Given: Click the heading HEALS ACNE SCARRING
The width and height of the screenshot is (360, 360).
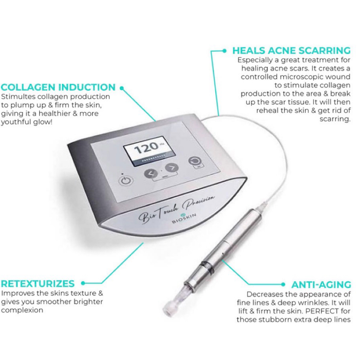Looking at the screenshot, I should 291,50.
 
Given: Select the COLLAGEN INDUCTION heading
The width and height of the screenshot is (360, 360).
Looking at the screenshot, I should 58,87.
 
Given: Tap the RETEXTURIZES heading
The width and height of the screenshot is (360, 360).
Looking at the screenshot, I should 38,283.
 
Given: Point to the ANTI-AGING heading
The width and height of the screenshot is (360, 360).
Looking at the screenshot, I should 321,285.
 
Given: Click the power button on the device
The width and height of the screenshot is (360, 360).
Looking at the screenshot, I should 126,180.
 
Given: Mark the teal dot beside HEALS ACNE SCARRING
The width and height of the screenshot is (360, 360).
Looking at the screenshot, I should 225,51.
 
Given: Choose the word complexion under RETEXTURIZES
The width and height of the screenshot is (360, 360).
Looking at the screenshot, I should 22,310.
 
